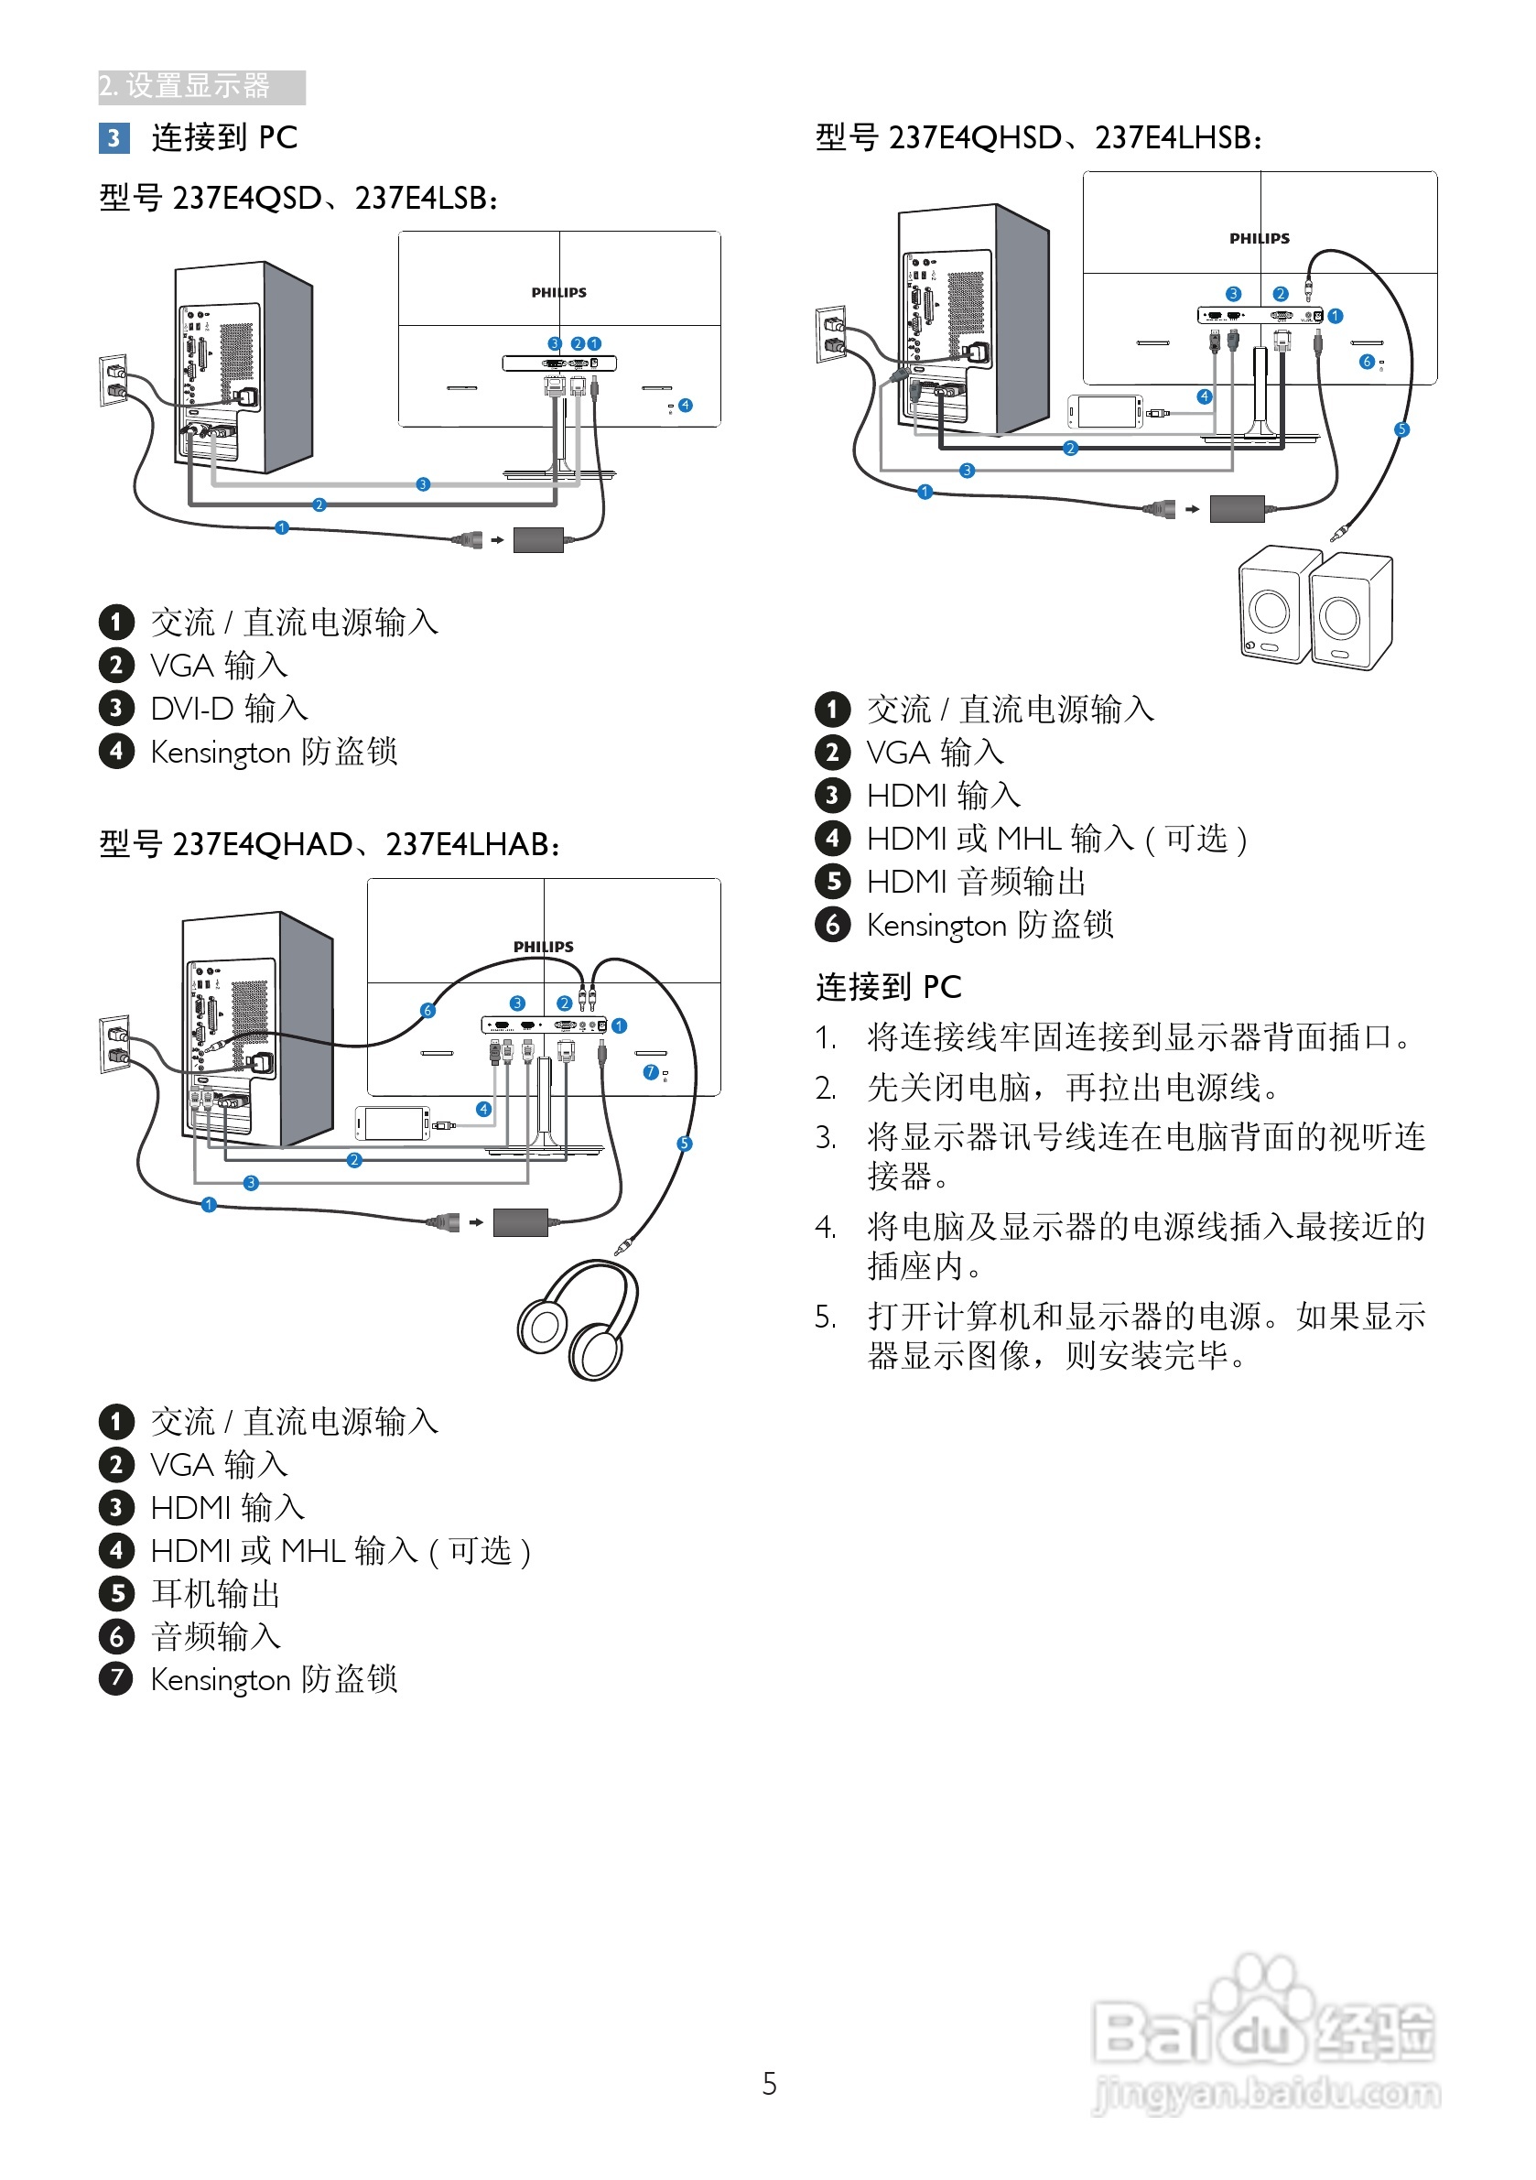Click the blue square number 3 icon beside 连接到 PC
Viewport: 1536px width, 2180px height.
point(113,138)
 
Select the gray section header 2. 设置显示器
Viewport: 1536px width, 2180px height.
point(200,86)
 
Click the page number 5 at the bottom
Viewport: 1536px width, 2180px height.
point(769,2084)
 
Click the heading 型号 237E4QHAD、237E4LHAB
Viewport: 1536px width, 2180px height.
point(330,844)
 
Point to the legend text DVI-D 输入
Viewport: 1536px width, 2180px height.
point(229,709)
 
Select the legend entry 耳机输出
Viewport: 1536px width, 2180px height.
point(215,1593)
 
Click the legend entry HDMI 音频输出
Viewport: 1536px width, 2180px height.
point(975,881)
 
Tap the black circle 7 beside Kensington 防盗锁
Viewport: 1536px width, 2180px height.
point(116,1678)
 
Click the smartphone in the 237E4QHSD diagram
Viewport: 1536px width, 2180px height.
point(1105,412)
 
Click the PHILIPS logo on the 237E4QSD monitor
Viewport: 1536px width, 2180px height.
point(558,292)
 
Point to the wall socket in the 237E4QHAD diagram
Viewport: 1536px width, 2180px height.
point(114,1044)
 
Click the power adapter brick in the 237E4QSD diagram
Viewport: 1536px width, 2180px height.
point(537,540)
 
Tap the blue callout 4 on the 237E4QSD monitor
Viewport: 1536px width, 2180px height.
point(686,406)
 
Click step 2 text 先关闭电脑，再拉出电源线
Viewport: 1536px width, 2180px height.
point(1072,1087)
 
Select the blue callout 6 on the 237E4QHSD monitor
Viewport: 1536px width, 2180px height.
point(1366,362)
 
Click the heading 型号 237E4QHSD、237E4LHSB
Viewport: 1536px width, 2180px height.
point(1039,137)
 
